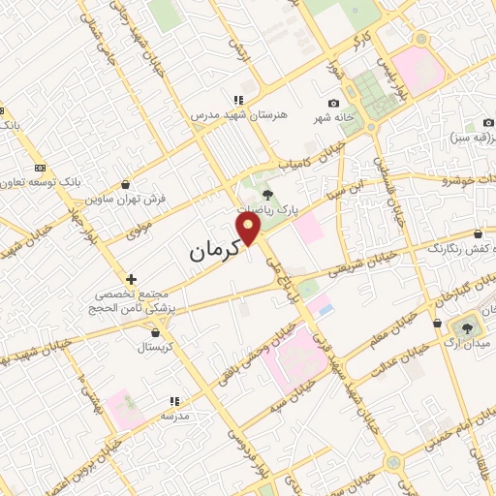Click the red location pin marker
coord(250,229)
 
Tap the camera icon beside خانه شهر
coord(334,104)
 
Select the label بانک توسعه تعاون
coord(41,182)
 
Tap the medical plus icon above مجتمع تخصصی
coord(132,279)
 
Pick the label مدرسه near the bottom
coord(173,415)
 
